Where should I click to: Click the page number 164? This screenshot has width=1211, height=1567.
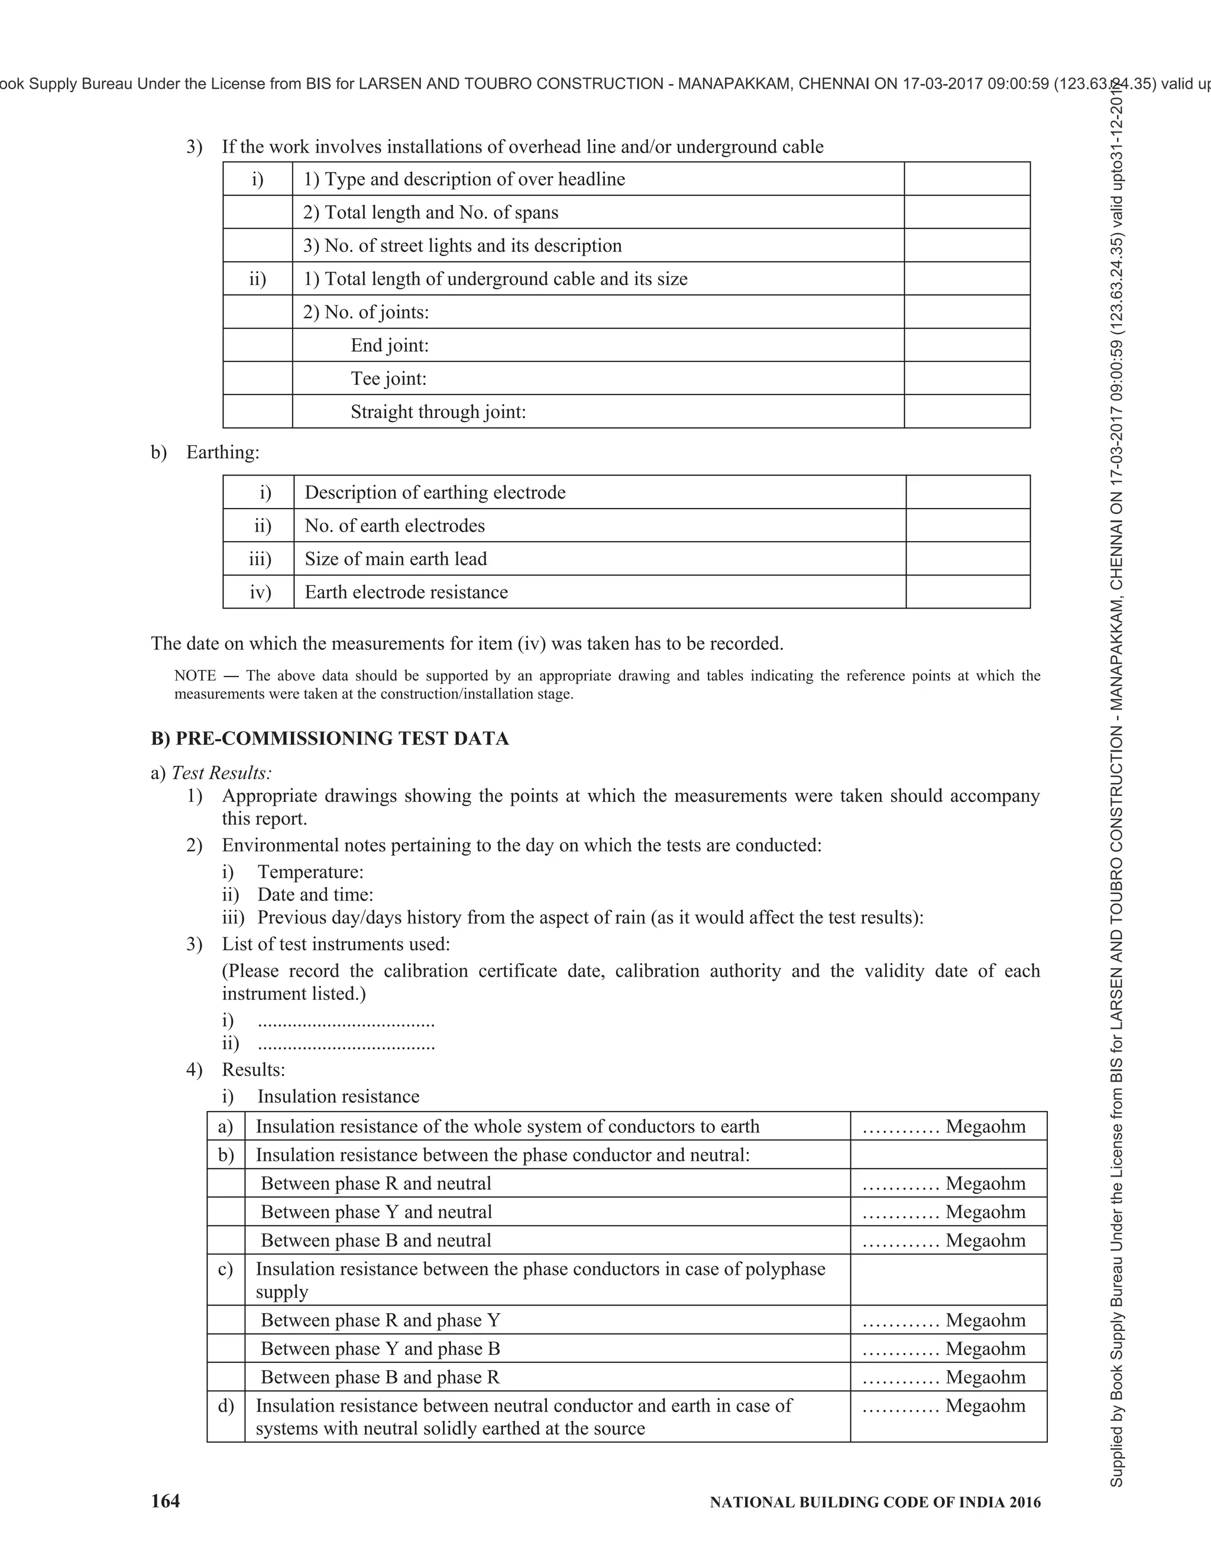[166, 1502]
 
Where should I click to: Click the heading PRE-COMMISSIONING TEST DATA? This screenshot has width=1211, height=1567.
[342, 739]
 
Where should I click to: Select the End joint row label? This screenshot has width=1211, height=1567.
[390, 345]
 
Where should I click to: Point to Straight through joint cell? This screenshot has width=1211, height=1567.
[438, 412]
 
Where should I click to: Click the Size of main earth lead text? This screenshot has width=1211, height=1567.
[396, 559]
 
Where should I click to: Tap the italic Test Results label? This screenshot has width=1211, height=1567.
[222, 773]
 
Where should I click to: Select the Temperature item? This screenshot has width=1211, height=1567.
[310, 872]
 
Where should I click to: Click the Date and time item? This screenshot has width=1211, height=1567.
[315, 895]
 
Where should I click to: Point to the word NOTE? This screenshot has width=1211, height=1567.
[195, 675]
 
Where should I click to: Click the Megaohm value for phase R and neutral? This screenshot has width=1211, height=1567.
[944, 1183]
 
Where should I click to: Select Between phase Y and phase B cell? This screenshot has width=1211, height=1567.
[380, 1348]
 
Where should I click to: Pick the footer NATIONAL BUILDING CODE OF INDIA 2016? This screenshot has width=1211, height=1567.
[875, 1503]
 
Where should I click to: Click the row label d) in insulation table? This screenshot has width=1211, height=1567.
[226, 1406]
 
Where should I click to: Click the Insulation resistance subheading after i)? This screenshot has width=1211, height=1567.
[338, 1096]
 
